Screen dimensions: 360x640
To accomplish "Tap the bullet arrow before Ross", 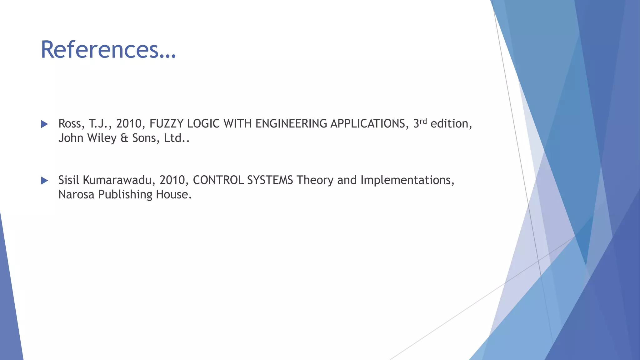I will [44, 124].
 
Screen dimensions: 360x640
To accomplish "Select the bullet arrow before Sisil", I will [44, 180].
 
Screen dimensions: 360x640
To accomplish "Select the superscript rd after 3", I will [423, 121].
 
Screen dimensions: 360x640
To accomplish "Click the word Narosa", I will [76, 194].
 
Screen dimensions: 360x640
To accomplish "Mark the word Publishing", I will [125, 195].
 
